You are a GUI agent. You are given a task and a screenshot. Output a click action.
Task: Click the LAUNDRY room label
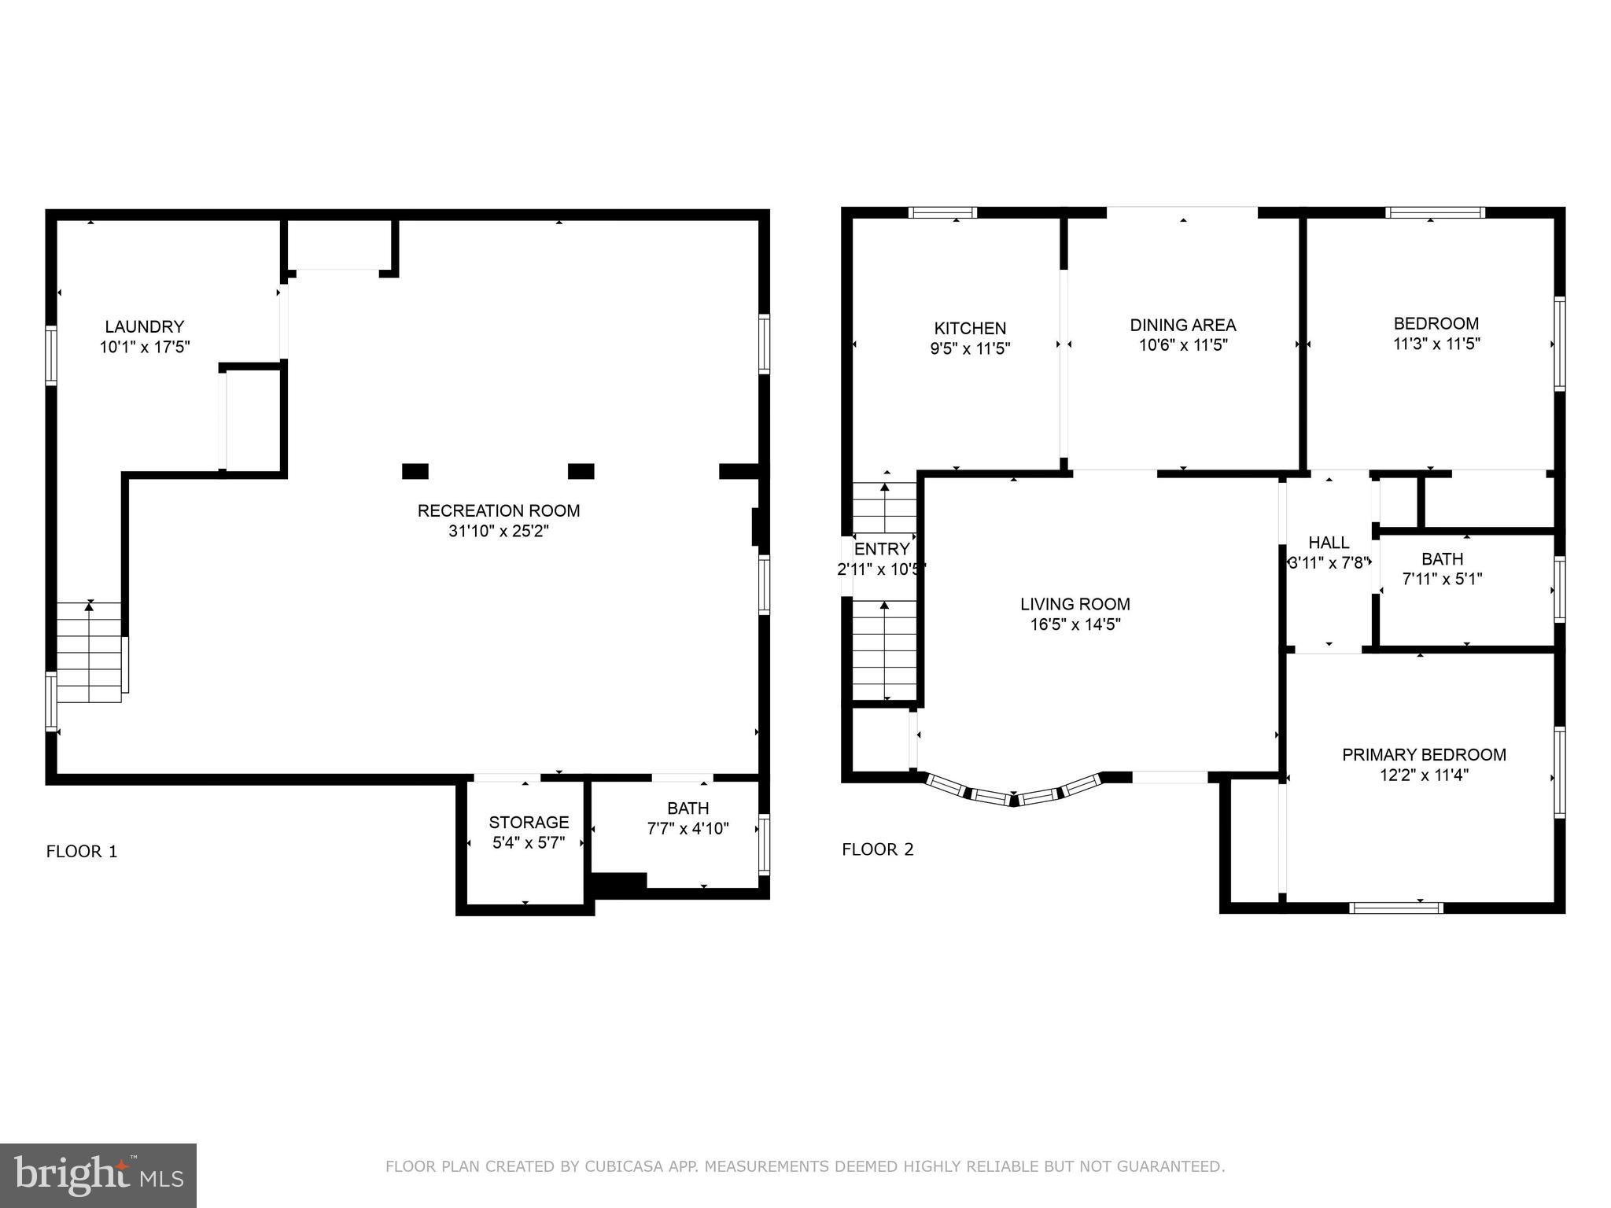[145, 326]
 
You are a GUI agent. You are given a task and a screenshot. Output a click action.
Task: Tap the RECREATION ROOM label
[499, 510]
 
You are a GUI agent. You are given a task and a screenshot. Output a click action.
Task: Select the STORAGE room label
[529, 823]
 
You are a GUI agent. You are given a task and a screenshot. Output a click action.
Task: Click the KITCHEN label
[970, 328]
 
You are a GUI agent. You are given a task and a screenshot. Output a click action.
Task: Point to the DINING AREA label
[1183, 325]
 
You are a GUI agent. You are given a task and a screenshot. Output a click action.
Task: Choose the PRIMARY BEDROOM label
[1425, 755]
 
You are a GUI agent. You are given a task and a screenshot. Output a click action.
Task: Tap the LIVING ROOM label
[1075, 604]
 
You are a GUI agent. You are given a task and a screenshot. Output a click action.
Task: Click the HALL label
[1329, 543]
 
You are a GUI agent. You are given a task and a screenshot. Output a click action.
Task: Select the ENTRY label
[882, 549]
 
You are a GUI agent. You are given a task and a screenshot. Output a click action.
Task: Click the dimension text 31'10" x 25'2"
[499, 531]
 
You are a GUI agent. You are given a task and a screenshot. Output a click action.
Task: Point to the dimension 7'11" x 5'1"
[1443, 580]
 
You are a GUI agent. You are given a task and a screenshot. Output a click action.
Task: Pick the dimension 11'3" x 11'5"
[1436, 344]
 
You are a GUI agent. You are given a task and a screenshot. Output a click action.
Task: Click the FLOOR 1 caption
[82, 851]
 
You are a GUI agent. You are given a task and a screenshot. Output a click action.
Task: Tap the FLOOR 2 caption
[878, 849]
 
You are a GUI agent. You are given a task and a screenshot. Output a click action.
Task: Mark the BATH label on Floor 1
[688, 808]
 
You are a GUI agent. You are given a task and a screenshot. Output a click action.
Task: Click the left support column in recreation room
[415, 471]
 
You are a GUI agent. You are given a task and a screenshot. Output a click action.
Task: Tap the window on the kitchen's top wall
[942, 212]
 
